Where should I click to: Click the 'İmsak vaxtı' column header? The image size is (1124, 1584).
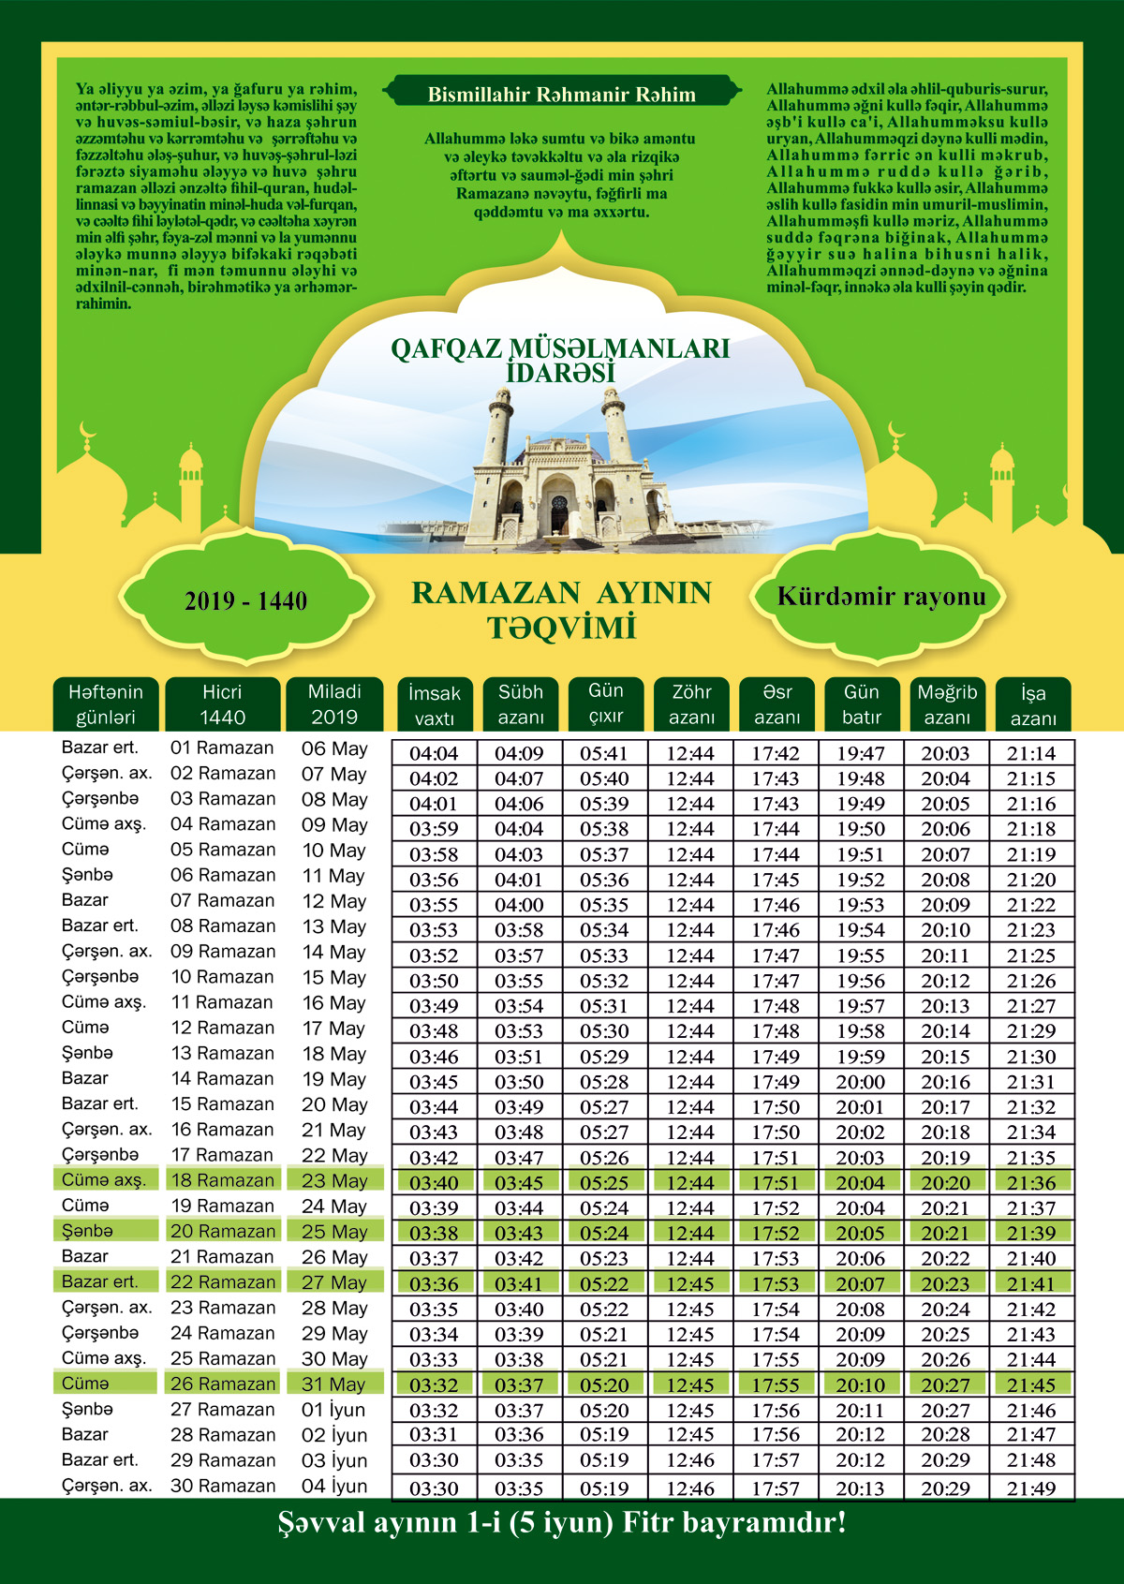click(435, 705)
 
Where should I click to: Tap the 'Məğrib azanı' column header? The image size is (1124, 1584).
click(947, 704)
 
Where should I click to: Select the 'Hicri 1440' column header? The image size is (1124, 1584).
click(222, 704)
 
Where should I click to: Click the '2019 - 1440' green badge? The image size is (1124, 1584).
click(245, 600)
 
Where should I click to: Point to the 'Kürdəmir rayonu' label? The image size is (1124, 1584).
click(881, 597)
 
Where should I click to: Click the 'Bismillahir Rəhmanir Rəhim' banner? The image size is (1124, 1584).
click(561, 95)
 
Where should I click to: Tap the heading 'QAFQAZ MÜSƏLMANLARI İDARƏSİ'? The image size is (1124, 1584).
click(560, 360)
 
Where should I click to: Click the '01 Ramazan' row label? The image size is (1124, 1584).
click(222, 748)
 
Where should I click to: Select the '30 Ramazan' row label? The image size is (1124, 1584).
click(222, 1486)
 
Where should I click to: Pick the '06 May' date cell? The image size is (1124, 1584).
click(334, 749)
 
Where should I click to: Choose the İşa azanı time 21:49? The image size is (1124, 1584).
click(1031, 1488)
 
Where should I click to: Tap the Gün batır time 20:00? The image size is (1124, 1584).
click(860, 1082)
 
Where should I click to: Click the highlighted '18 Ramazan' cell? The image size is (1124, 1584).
click(222, 1180)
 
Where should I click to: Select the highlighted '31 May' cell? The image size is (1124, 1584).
click(334, 1384)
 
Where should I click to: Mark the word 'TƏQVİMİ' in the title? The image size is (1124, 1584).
click(561, 628)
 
